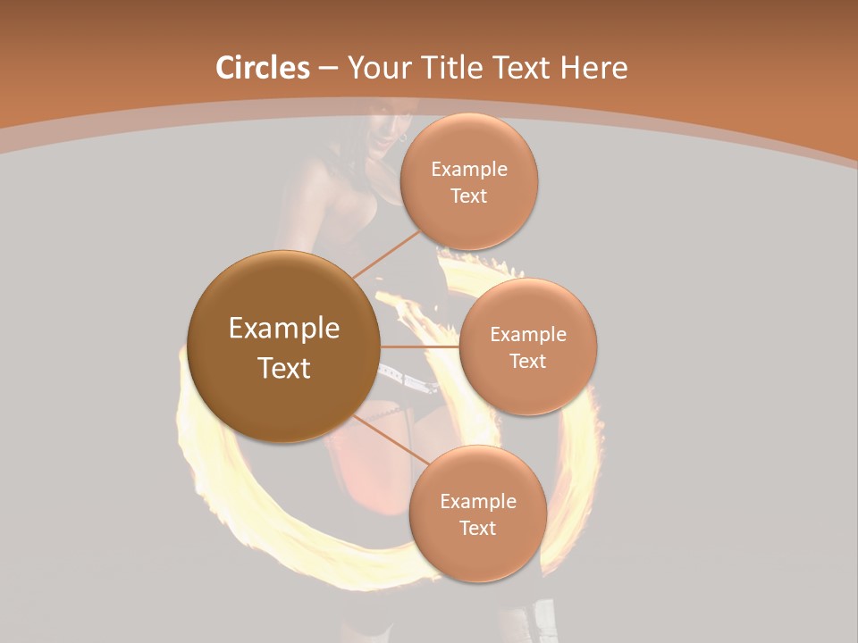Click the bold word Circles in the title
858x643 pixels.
[x=262, y=68]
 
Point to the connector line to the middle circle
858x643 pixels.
[x=419, y=347]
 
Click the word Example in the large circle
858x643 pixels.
[x=284, y=329]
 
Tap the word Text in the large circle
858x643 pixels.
[x=284, y=368]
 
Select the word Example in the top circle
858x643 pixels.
[x=469, y=170]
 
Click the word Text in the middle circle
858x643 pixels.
[x=527, y=362]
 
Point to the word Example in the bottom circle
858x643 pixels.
[x=478, y=502]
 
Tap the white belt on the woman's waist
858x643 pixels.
[x=407, y=379]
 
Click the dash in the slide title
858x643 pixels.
[x=327, y=68]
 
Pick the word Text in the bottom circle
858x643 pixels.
[x=477, y=529]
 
